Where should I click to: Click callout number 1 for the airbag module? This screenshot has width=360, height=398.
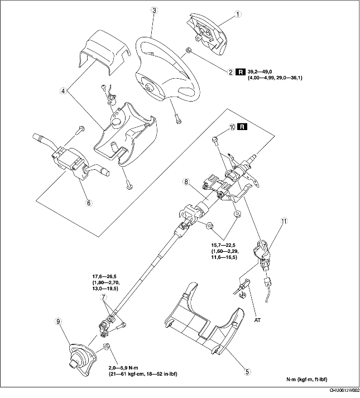pos(238,14)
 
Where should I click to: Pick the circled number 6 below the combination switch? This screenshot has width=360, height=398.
pos(88,203)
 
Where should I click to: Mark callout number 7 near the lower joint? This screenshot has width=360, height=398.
pos(103,298)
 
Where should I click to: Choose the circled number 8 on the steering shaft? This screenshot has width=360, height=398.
pos(188,181)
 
